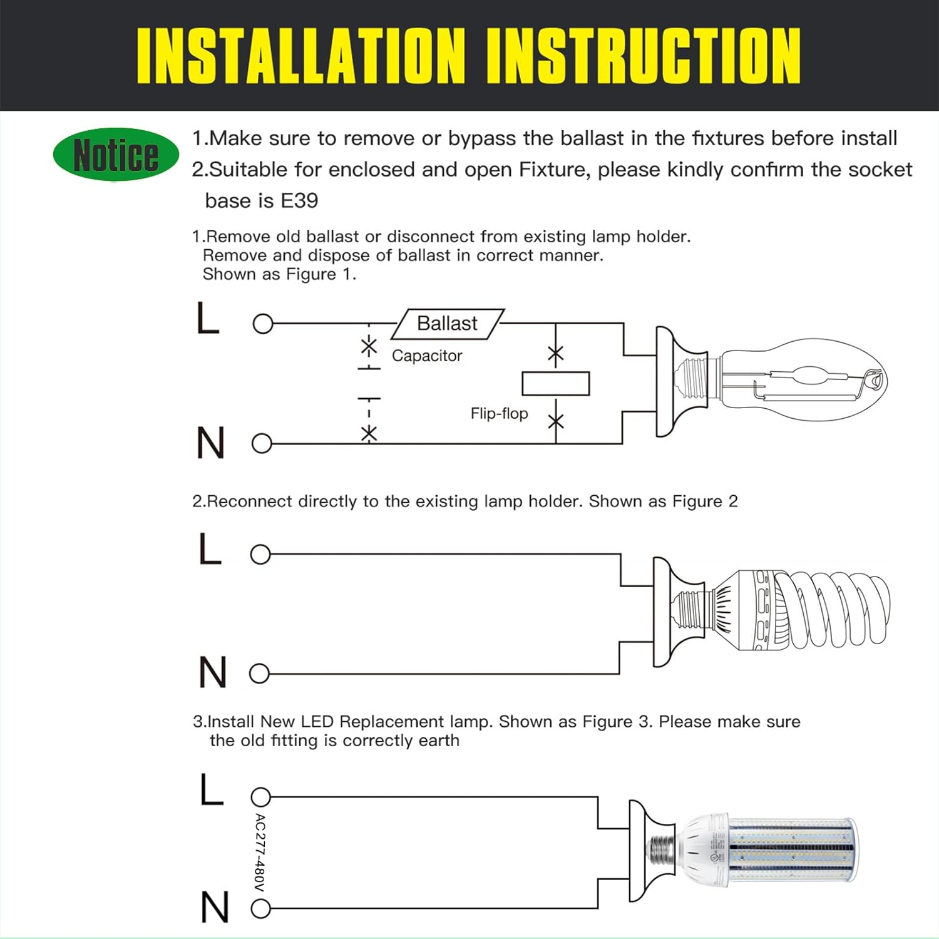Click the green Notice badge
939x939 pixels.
coord(116,155)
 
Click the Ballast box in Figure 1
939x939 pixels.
coord(448,324)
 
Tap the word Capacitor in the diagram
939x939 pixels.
coord(427,356)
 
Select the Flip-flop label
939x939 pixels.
coord(499,413)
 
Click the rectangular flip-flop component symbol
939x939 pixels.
coord(556,384)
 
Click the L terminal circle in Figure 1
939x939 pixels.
coord(263,324)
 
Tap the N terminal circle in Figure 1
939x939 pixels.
coord(262,444)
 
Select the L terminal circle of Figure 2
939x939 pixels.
coord(260,554)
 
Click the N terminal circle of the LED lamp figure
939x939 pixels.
coord(260,908)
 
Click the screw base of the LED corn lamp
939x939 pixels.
coord(663,850)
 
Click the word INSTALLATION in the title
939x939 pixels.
coord(301,56)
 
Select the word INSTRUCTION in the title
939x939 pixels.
coord(644,56)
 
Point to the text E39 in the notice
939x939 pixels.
coord(299,200)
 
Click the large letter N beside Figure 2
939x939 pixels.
coord(213,672)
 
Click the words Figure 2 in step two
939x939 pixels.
coord(705,501)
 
